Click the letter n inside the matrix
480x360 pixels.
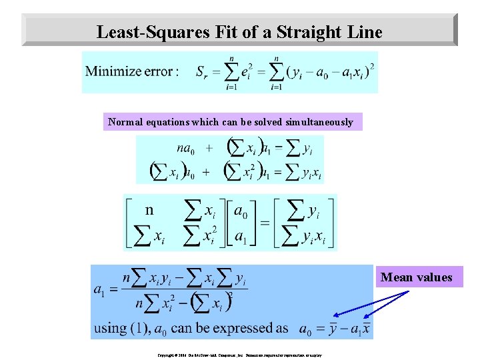(x=150, y=210)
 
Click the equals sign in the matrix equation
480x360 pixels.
(x=264, y=223)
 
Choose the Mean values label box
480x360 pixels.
(x=417, y=277)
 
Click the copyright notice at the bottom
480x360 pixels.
(x=239, y=355)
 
